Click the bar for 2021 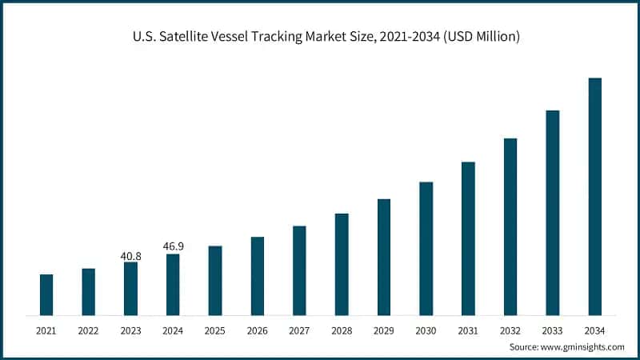point(46,294)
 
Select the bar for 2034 point(594,196)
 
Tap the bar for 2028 point(342,264)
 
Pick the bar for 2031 point(468,238)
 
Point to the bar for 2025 point(215,280)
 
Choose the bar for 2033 point(552,212)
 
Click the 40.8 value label point(130,256)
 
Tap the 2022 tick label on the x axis point(88,330)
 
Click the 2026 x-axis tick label point(257,330)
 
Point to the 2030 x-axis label point(426,330)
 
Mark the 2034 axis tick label point(594,330)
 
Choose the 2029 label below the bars point(383,330)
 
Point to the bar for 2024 point(173,284)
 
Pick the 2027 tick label point(299,330)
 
